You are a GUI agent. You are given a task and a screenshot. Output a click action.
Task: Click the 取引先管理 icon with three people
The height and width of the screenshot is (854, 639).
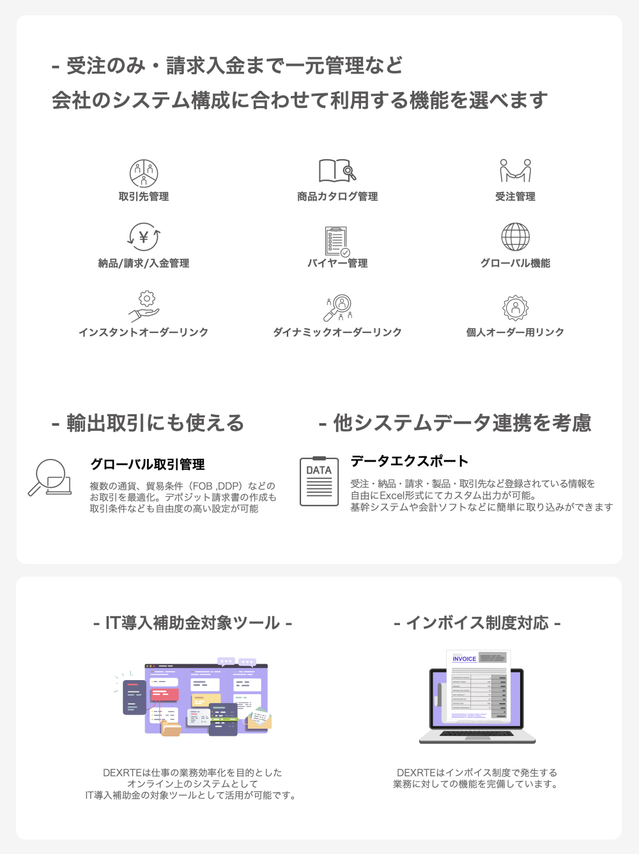[144, 173]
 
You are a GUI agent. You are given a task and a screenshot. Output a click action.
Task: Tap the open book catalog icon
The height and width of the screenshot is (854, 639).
[337, 171]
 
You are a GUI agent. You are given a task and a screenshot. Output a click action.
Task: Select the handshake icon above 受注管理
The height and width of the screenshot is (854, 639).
[515, 171]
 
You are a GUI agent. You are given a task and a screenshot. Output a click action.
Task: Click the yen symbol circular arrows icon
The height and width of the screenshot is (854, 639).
[144, 237]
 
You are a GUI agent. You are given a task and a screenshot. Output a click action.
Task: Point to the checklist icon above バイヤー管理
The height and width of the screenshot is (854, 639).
[337, 241]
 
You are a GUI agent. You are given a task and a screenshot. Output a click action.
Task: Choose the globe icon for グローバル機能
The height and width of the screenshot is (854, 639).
[515, 237]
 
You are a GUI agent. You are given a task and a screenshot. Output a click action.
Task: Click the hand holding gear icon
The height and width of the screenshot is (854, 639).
[144, 306]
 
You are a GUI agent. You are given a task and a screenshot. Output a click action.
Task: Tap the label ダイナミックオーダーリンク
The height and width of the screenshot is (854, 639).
[337, 332]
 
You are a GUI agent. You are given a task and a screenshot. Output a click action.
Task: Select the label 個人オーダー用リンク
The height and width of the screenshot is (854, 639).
[515, 332]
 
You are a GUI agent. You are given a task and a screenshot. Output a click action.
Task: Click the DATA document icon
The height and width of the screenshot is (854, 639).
[319, 481]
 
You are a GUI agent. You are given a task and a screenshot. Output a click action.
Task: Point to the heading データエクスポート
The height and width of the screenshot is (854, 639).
[410, 462]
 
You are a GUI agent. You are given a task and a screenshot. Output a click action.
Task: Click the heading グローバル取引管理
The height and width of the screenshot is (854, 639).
[148, 465]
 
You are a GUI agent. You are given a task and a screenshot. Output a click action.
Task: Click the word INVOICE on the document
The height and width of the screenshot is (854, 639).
[465, 659]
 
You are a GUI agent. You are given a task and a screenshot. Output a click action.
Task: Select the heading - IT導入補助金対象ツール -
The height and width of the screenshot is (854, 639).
[192, 623]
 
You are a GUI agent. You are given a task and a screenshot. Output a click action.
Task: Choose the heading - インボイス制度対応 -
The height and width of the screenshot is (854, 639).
[477, 623]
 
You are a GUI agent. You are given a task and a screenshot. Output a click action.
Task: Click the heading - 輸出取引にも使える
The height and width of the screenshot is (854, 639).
[148, 423]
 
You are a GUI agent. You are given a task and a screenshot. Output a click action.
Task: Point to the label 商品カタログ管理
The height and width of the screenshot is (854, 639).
[337, 197]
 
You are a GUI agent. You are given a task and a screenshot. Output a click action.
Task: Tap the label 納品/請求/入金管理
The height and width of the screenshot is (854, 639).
[144, 263]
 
